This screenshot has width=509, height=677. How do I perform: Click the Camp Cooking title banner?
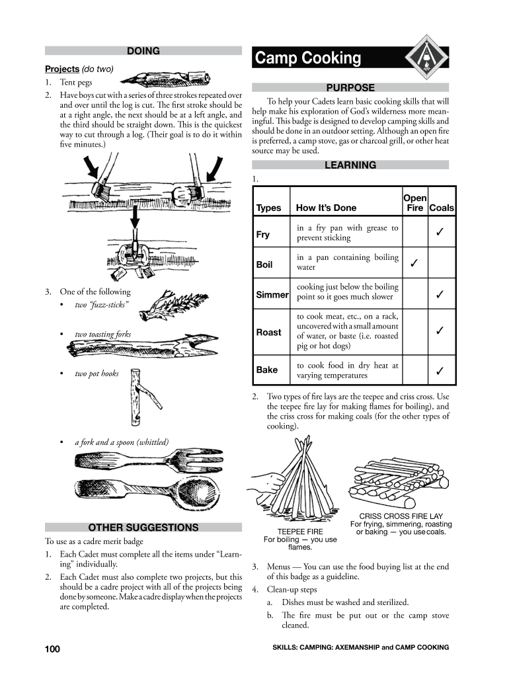point(331,59)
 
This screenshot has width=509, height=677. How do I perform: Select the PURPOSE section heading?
point(350,88)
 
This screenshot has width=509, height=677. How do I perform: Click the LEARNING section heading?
point(350,165)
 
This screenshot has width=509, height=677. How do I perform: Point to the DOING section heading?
point(143,51)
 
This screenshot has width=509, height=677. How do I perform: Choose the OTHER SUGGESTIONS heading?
point(143,528)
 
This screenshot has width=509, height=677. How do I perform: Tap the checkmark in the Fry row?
point(440,234)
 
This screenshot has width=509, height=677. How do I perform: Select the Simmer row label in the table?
point(272,295)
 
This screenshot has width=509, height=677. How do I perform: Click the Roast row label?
point(268,333)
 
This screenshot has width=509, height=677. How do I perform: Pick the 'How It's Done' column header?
point(326,208)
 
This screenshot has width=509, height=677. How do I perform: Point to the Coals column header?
point(442,208)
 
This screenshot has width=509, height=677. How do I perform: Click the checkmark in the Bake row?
point(440,372)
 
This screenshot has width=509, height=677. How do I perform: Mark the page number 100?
point(53,649)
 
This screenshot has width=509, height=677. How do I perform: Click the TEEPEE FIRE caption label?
point(300,532)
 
